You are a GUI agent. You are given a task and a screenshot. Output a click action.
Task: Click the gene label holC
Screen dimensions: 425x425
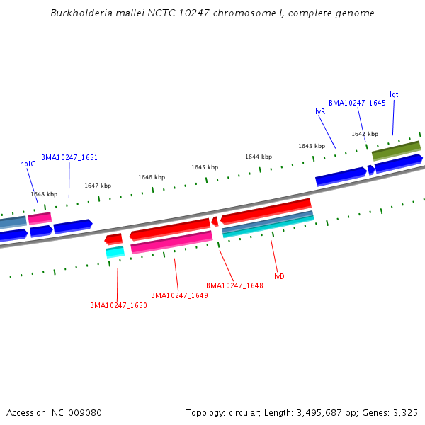pyautogui.click(x=28, y=164)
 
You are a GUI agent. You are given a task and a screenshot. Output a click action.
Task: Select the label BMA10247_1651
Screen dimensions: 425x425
pyautogui.click(x=69, y=157)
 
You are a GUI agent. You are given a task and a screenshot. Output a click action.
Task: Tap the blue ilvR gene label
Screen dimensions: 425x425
pyautogui.click(x=319, y=112)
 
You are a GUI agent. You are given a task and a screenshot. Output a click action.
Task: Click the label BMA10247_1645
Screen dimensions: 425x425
pyautogui.click(x=357, y=103)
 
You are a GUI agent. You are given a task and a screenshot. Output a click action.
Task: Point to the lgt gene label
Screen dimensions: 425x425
pyautogui.click(x=394, y=94)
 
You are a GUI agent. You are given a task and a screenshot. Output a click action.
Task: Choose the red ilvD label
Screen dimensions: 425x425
pyautogui.click(x=278, y=276)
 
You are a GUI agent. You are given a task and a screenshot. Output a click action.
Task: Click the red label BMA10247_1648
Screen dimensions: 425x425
pyautogui.click(x=234, y=285)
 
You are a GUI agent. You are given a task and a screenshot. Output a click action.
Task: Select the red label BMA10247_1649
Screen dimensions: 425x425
pyautogui.click(x=179, y=295)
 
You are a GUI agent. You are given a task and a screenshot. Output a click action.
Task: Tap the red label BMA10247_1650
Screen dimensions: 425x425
pyautogui.click(x=118, y=305)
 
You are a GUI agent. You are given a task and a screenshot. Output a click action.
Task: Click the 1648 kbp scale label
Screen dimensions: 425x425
pyautogui.click(x=44, y=194)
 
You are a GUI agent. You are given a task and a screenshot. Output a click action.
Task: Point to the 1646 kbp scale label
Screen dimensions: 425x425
pyautogui.click(x=152, y=177)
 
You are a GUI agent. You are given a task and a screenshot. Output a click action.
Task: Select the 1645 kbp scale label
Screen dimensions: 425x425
pyautogui.click(x=204, y=167)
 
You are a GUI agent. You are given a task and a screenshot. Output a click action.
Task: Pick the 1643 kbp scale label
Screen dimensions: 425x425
pyautogui.click(x=312, y=146)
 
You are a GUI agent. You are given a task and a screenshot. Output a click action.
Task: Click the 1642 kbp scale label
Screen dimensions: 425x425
pyautogui.click(x=365, y=133)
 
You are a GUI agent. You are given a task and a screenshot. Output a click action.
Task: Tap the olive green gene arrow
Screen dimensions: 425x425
pyautogui.click(x=396, y=150)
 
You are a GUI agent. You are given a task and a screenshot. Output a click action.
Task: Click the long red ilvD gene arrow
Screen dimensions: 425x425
pyautogui.click(x=266, y=210)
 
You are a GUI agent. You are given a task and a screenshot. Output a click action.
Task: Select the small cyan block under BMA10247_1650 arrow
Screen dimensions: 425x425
pyautogui.click(x=115, y=251)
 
